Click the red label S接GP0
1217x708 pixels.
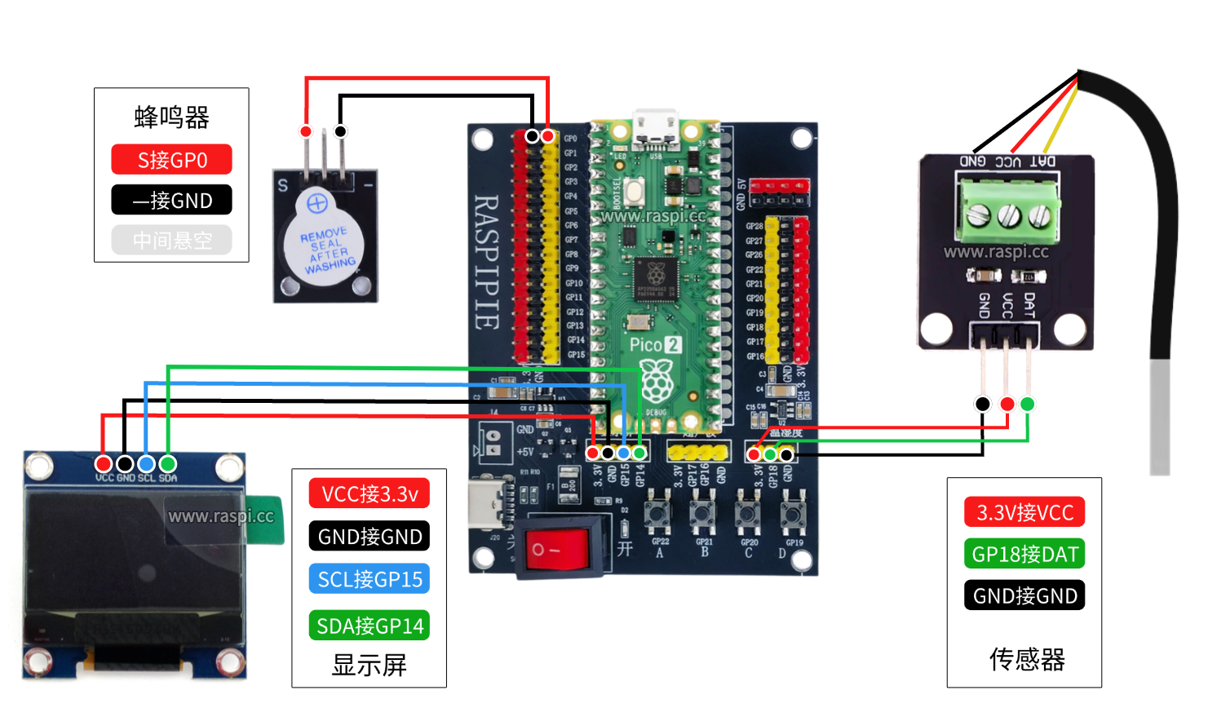(x=171, y=160)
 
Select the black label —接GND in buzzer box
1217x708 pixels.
(x=171, y=200)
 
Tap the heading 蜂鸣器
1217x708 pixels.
(x=171, y=117)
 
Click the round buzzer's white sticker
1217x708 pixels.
(x=324, y=244)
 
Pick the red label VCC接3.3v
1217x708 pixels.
(x=370, y=493)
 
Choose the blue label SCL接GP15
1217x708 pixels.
(x=370, y=579)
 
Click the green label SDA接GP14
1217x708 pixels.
(x=370, y=626)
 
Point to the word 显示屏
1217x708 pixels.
(x=369, y=666)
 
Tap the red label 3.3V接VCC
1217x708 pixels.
(x=1024, y=512)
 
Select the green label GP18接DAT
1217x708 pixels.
(x=1024, y=555)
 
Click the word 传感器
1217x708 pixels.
(x=1026, y=659)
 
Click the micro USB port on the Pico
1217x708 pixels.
(x=655, y=127)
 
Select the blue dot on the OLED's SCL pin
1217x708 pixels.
(x=146, y=464)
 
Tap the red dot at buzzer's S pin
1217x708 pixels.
(x=306, y=131)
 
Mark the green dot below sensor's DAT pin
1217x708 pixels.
(x=1027, y=404)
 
